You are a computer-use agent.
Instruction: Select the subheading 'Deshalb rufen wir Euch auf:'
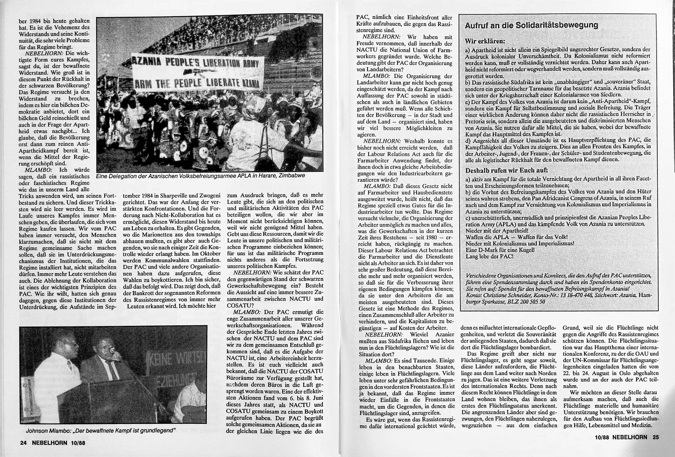tap(507, 170)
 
